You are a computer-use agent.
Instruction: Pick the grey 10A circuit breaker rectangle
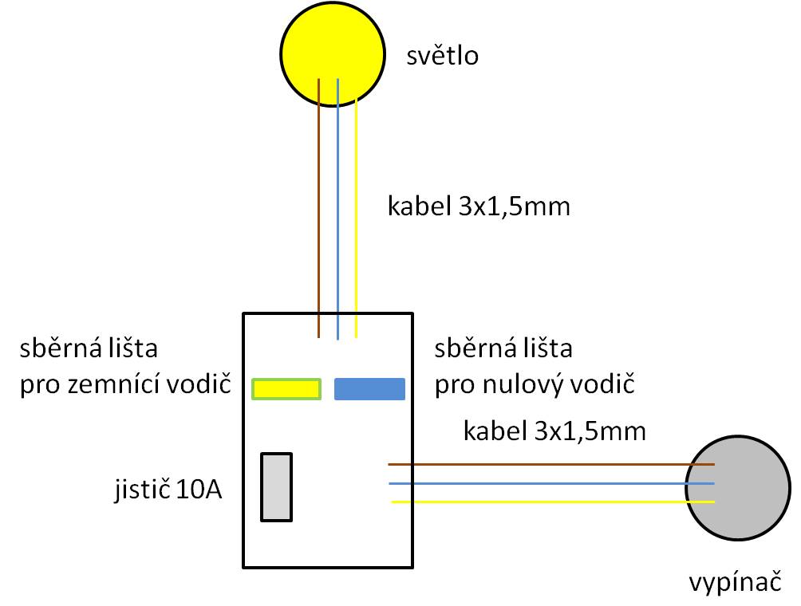point(277,486)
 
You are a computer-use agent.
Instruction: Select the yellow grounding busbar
point(287,388)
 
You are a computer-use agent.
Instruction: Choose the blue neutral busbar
point(369,388)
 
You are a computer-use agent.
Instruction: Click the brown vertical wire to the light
point(319,207)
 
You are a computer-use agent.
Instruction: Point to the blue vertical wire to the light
point(337,207)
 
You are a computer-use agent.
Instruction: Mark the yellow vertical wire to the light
point(356,207)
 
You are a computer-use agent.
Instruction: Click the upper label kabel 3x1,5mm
point(479,207)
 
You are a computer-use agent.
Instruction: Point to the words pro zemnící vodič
point(125,386)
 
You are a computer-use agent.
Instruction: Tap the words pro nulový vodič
point(534,386)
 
